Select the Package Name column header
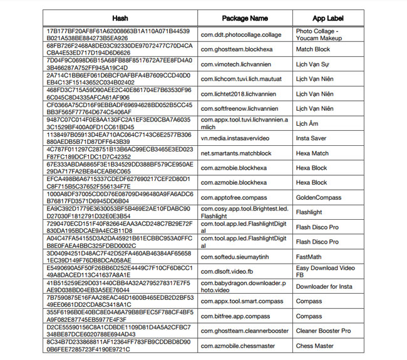click(245, 18)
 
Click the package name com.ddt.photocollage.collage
click(241, 35)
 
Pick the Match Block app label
click(313, 49)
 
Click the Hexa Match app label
click(312, 153)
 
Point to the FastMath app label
click(309, 257)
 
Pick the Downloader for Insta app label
click(324, 286)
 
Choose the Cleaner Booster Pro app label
click(324, 331)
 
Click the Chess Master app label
click(315, 346)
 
